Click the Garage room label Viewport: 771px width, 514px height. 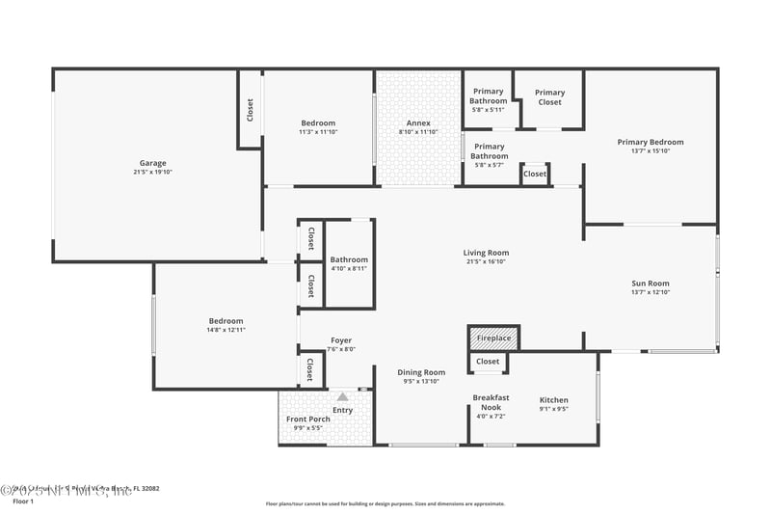(x=152, y=163)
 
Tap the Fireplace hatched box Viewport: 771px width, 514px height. (x=493, y=339)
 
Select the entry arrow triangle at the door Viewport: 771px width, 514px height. (x=342, y=396)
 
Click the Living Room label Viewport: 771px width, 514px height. (x=486, y=253)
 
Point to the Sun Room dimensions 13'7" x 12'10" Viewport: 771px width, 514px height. (x=650, y=292)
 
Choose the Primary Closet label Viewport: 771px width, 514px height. (x=549, y=96)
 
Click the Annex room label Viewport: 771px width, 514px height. (x=418, y=122)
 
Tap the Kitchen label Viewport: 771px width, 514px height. (x=553, y=400)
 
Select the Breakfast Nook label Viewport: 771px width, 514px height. (x=491, y=402)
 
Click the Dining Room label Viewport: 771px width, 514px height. (x=421, y=372)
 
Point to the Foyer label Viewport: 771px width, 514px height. (x=341, y=340)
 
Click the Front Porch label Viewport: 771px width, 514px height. (x=308, y=419)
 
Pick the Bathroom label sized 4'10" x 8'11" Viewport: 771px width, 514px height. (x=349, y=259)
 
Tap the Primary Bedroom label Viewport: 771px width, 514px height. (x=651, y=142)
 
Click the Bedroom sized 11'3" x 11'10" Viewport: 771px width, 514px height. (x=318, y=122)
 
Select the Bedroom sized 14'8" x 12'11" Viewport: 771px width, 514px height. (x=226, y=321)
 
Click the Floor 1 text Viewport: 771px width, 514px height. (x=22, y=501)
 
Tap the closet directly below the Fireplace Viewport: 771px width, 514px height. (x=488, y=362)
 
